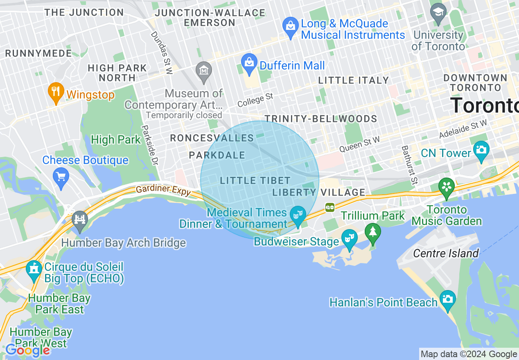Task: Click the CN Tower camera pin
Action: (x=481, y=149)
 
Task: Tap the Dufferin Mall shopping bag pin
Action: (x=249, y=63)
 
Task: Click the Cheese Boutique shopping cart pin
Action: (x=61, y=177)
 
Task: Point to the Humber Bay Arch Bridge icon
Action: (x=80, y=219)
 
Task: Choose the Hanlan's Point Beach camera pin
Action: (x=447, y=299)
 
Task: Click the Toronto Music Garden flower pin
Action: (x=447, y=187)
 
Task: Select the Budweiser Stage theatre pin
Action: (x=349, y=238)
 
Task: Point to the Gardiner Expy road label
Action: (x=163, y=190)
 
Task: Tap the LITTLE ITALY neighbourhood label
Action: (x=353, y=80)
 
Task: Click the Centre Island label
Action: (x=446, y=253)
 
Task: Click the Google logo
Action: (x=28, y=350)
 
